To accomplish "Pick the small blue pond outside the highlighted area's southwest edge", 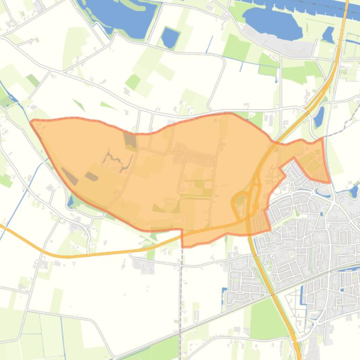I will pyautogui.click(x=70, y=201).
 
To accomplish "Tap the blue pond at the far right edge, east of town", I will pyautogui.click(x=353, y=191).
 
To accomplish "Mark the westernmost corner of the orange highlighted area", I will pyautogui.click(x=31, y=122).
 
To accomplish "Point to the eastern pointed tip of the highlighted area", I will pyautogui.click(x=329, y=181).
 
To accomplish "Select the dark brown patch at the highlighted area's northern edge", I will pyautogui.click(x=130, y=139).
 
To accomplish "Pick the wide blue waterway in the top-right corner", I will pyautogui.click(x=323, y=7).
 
